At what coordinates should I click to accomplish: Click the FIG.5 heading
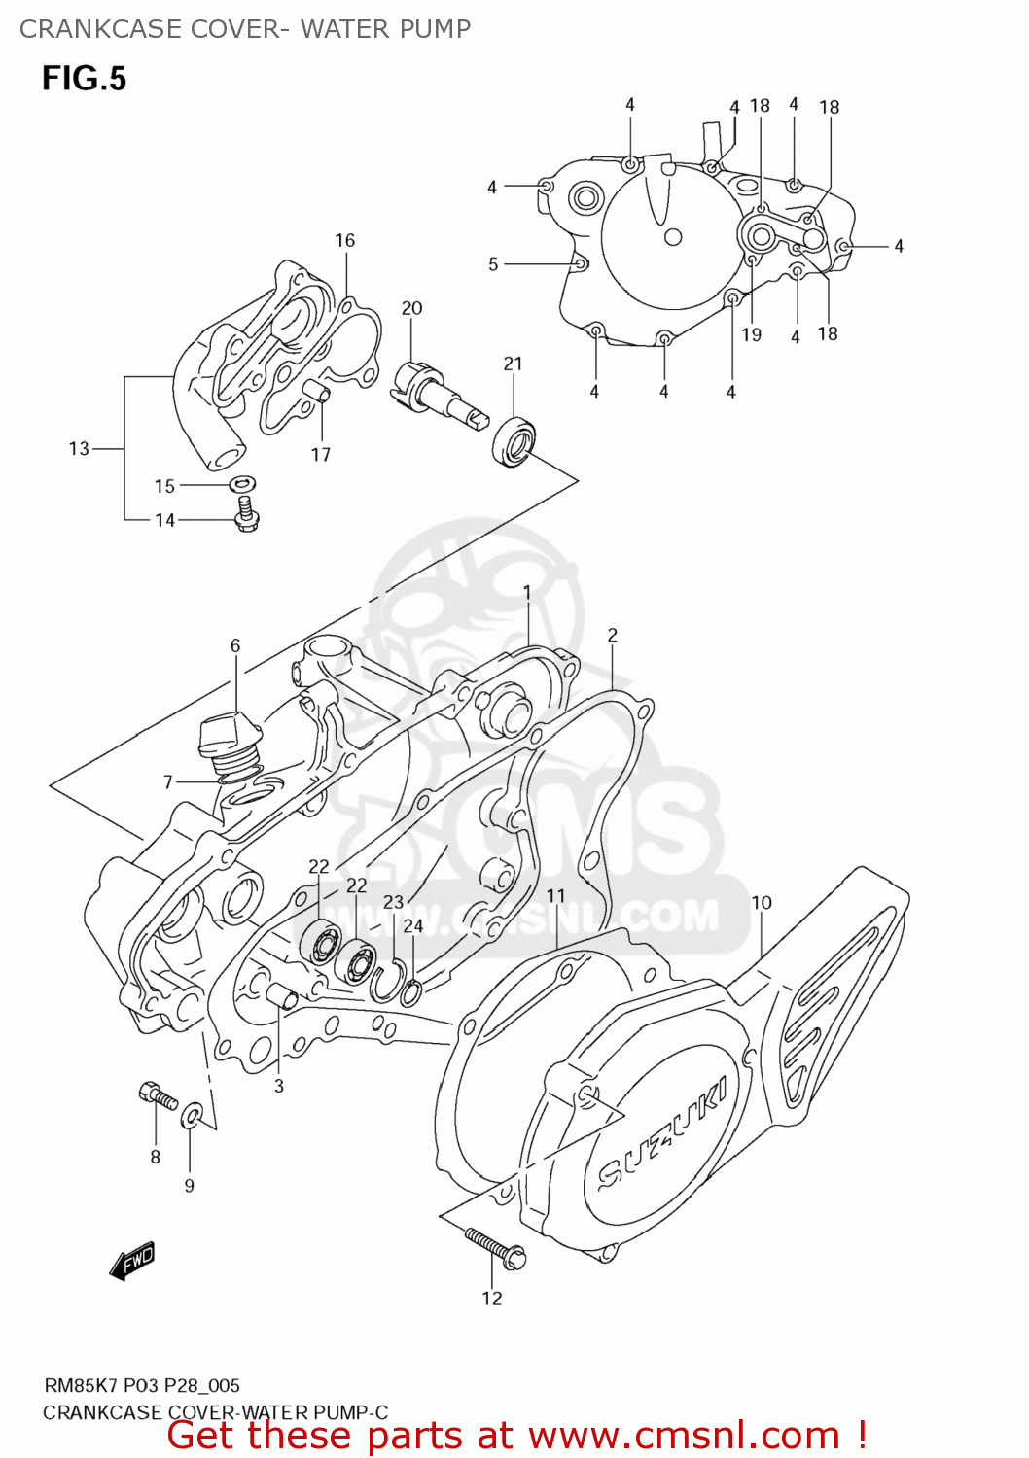[x=84, y=78]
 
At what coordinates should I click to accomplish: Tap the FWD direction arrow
[x=133, y=1261]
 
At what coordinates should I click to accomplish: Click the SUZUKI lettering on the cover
[x=661, y=1132]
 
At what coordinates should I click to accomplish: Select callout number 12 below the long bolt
[x=492, y=1299]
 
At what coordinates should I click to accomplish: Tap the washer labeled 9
[x=194, y=1112]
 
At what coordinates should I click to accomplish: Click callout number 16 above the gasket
[x=345, y=240]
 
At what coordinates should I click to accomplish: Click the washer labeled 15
[x=243, y=483]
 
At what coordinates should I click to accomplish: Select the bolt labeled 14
[x=246, y=514]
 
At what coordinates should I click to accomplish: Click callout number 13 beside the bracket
[x=79, y=448]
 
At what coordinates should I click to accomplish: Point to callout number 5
[x=493, y=264]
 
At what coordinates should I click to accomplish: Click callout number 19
[x=751, y=334]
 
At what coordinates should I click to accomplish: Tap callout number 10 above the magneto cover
[x=761, y=902]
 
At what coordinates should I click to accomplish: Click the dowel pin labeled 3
[x=282, y=997]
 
